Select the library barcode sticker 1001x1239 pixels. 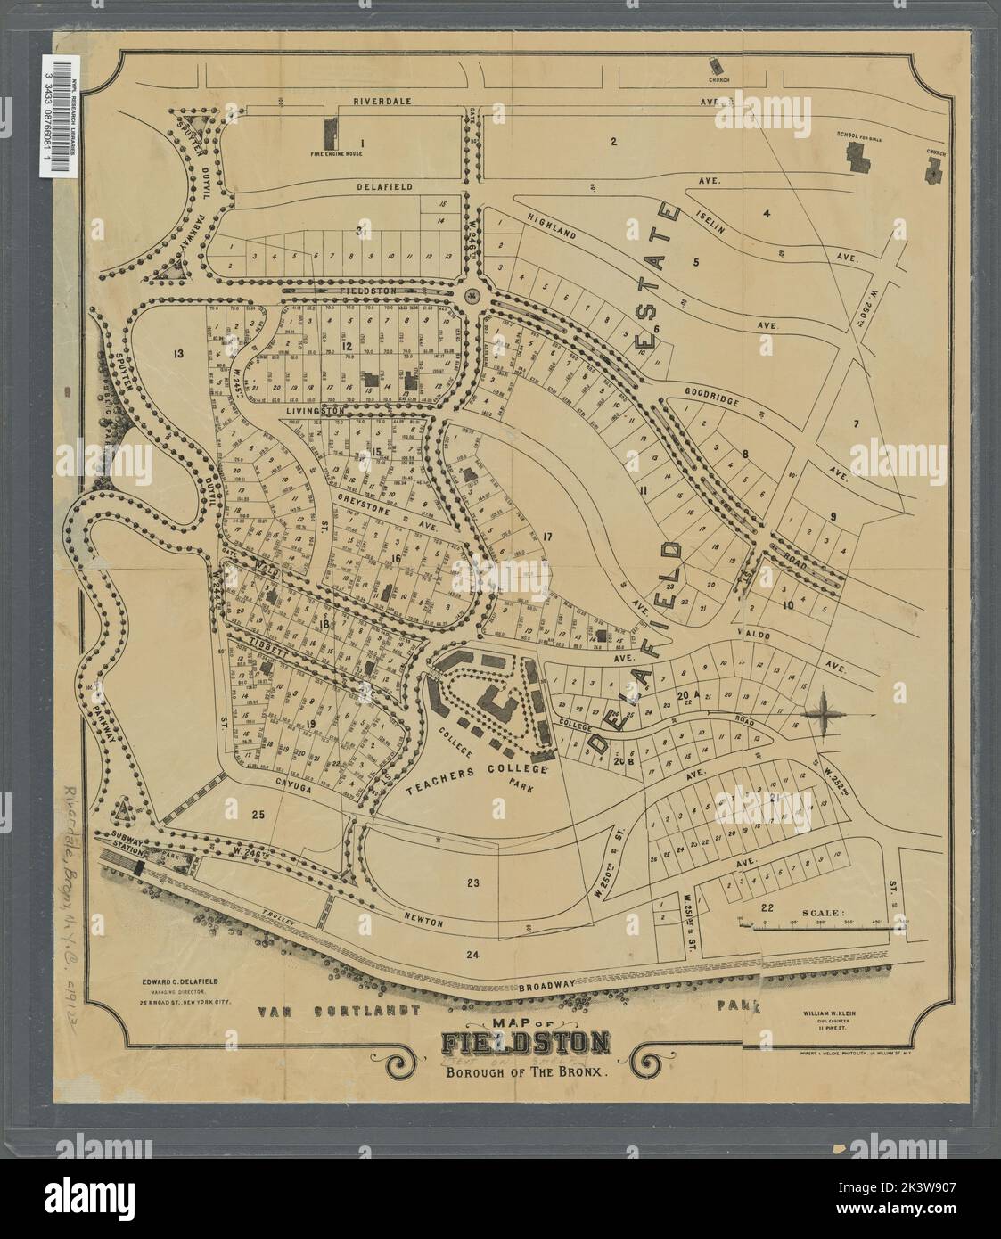pos(60,114)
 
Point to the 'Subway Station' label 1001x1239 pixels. pos(128,842)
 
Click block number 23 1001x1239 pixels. pos(472,883)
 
